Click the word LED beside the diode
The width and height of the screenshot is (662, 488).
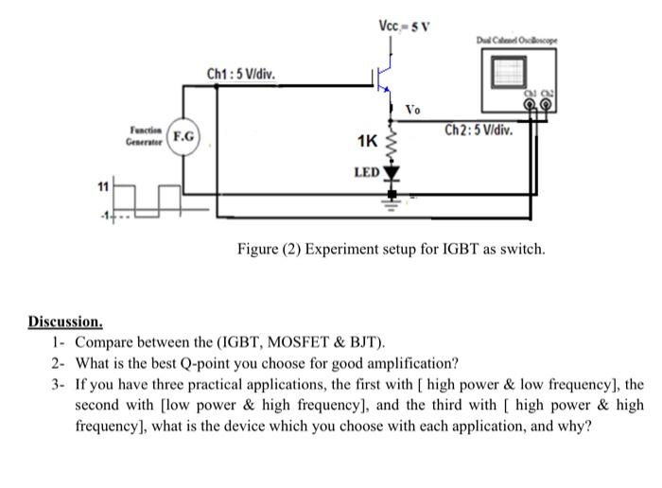[365, 173]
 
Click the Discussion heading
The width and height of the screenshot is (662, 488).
[65, 322]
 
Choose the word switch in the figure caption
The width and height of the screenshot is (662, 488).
[521, 250]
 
